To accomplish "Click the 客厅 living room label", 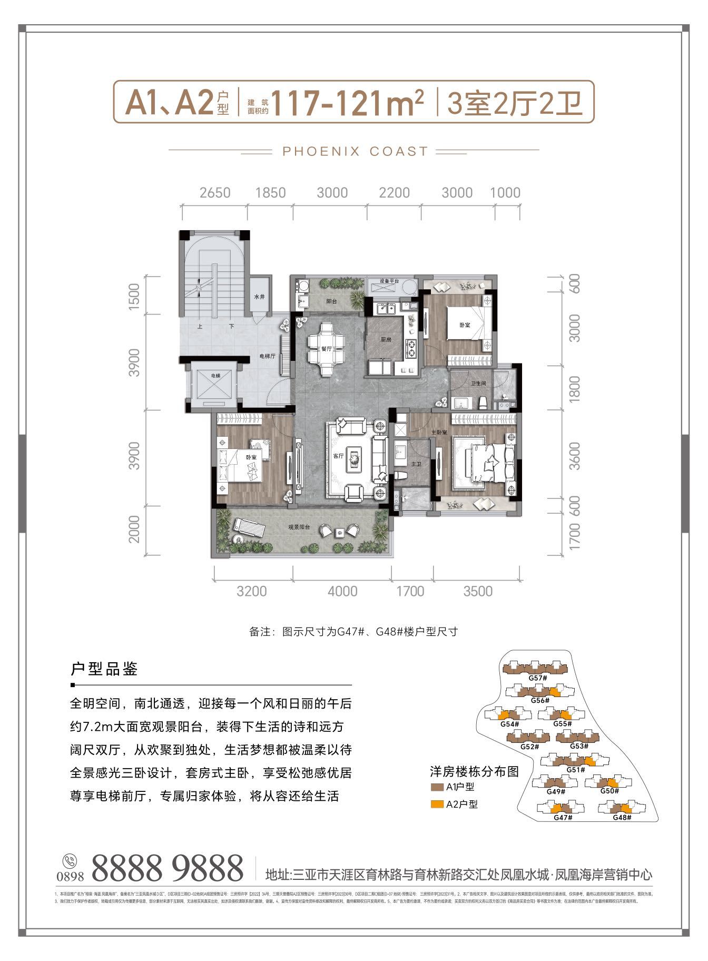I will [338, 456].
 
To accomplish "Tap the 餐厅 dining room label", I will [327, 348].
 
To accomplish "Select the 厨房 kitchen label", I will [386, 340].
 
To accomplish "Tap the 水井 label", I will [259, 297].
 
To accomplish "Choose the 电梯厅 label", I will [268, 356].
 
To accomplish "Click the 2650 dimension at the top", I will [215, 193].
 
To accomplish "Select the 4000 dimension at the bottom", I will [342, 591].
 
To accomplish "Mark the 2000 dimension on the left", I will [134, 529].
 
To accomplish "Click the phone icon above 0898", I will [69, 861].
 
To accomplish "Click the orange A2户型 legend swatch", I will [437, 805].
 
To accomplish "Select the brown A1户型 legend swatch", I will [437, 788].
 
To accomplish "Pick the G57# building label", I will [537, 678].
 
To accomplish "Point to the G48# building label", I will [622, 818].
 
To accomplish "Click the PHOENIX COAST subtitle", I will [355, 151].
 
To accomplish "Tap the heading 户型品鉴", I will [104, 670].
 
